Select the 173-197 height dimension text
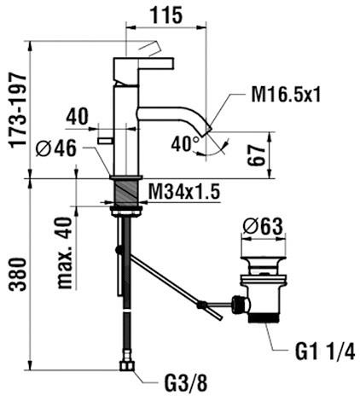(18, 110)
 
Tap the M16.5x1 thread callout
(286, 94)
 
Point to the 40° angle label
(185, 143)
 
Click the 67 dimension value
(256, 155)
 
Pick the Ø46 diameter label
(56, 148)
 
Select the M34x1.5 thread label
(184, 192)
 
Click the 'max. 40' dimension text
(64, 253)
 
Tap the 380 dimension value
(18, 275)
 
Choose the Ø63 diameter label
(263, 226)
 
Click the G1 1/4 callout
(325, 352)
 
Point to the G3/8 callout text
(186, 383)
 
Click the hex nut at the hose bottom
(126, 365)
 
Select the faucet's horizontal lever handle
(143, 64)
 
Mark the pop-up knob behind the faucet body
(105, 140)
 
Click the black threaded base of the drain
(263, 317)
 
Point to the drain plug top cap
(263, 259)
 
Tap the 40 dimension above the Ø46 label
(78, 117)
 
